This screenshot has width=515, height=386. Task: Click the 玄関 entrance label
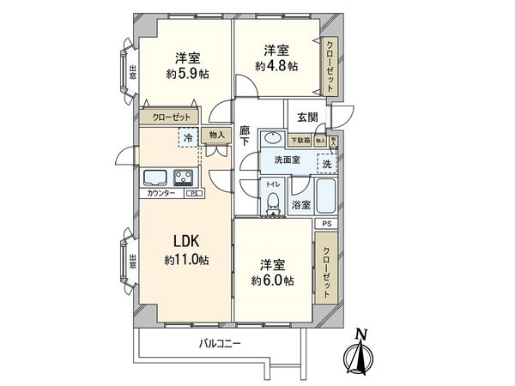point(306,118)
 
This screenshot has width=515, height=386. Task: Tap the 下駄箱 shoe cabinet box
point(300,141)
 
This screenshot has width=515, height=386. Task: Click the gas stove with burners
point(184,178)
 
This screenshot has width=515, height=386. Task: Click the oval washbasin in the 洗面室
point(272,140)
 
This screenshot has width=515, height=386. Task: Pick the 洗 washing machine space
point(326,162)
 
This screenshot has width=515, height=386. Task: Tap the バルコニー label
point(220,344)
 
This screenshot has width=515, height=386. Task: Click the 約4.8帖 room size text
point(276,65)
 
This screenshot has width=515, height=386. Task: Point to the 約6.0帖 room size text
point(273,280)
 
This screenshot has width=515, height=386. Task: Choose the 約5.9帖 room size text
point(187,74)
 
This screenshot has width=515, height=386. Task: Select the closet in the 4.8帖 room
point(330,66)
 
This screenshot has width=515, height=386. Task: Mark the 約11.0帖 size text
point(186,259)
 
